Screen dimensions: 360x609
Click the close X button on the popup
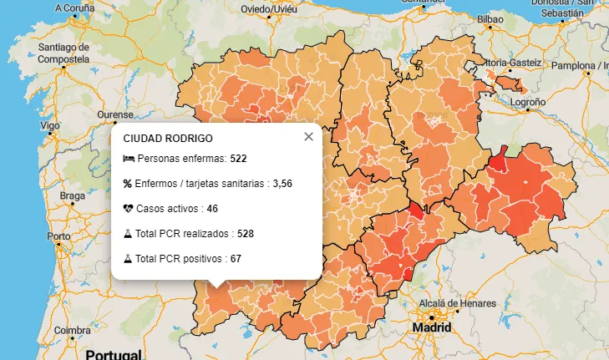tap(308, 137)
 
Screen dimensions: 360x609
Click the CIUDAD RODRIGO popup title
tap(167, 138)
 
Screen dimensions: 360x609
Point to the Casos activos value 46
tap(212, 208)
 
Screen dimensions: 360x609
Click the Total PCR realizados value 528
tap(246, 233)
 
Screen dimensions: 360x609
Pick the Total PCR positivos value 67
tap(236, 258)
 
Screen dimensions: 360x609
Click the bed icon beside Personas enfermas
tap(128, 158)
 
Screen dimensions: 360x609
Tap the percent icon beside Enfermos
tap(128, 183)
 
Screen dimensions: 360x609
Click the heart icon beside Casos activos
tap(128, 208)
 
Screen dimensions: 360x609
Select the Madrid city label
tap(432, 328)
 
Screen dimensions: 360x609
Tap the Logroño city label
tap(527, 101)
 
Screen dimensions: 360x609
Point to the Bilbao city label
tap(490, 17)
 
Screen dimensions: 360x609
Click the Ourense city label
tap(115, 114)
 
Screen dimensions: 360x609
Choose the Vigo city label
tap(49, 124)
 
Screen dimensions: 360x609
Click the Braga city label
tap(73, 196)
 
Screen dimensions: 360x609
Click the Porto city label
tap(58, 236)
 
